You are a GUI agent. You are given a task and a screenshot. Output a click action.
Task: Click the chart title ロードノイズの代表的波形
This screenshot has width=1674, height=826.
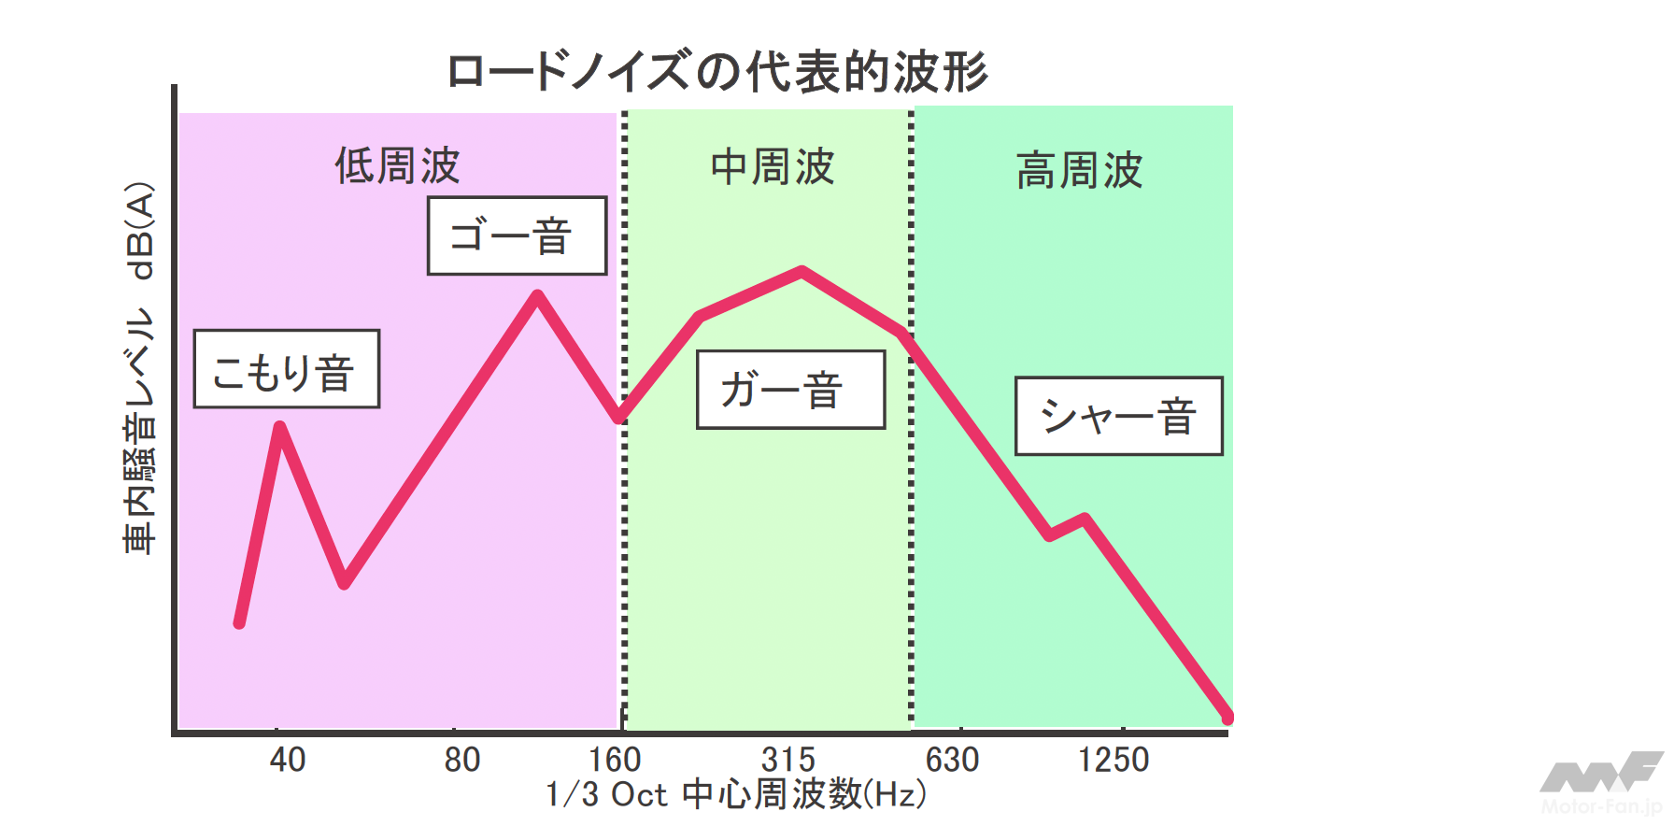(x=716, y=72)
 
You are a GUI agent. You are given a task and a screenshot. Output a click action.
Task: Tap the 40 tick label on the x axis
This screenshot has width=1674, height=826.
(x=287, y=760)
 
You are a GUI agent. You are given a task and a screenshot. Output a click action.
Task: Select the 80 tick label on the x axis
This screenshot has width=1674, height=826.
(x=461, y=760)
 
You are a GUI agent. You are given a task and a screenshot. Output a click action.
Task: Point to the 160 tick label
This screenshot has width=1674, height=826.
(x=615, y=760)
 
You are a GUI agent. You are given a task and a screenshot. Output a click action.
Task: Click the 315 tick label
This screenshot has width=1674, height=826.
(x=787, y=760)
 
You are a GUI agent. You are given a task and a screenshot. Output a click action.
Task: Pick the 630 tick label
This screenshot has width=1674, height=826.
(x=952, y=760)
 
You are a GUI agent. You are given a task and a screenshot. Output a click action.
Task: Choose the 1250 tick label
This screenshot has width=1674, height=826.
(x=1113, y=760)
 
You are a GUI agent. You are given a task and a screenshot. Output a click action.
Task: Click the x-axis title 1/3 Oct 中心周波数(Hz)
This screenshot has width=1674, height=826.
(x=736, y=794)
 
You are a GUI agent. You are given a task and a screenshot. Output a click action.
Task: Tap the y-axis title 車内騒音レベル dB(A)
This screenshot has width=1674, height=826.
(x=139, y=368)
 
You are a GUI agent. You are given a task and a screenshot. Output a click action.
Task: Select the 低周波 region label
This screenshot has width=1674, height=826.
(x=397, y=166)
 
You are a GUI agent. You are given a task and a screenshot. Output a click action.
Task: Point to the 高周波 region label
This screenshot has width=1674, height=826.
(x=1079, y=171)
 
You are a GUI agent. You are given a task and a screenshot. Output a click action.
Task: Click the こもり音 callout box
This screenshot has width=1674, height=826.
(x=286, y=369)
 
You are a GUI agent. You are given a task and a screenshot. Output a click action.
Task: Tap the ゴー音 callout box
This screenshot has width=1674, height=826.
(x=517, y=235)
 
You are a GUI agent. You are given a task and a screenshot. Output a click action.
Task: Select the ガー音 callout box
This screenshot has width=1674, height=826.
(x=790, y=390)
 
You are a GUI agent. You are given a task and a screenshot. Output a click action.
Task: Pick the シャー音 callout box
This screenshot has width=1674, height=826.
(x=1118, y=417)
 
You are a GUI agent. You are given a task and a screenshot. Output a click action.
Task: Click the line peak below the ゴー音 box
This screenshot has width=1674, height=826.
(x=537, y=296)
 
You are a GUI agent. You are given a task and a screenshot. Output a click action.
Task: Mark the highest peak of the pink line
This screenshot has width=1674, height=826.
(x=802, y=272)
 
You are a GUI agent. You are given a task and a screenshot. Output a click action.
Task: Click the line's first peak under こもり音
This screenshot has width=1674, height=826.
(x=279, y=427)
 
